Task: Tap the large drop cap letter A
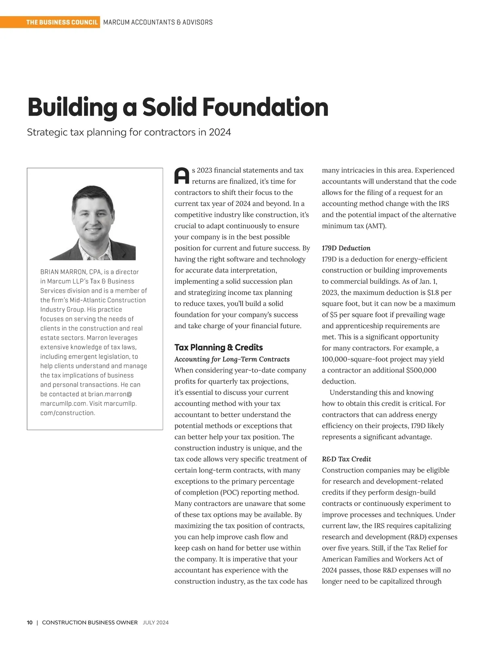click(181, 176)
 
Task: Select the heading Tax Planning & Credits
click(218, 347)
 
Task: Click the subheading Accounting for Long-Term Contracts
click(232, 359)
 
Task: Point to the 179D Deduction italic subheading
click(346, 248)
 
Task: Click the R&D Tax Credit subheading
click(346, 459)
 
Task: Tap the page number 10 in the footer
click(30, 623)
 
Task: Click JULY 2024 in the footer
click(156, 623)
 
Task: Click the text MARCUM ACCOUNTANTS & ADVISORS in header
click(158, 22)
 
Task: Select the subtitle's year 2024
click(220, 132)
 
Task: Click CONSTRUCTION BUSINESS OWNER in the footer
click(90, 623)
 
